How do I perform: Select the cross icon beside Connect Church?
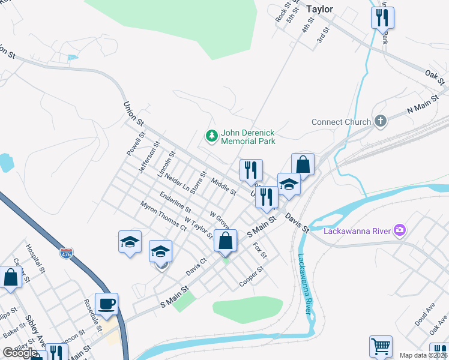[379, 122]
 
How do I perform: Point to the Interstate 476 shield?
[67, 254]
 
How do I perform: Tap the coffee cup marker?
[106, 304]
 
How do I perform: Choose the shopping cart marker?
[381, 346]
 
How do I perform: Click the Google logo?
[20, 353]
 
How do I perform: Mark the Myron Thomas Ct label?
[163, 215]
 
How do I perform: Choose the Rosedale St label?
[91, 314]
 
